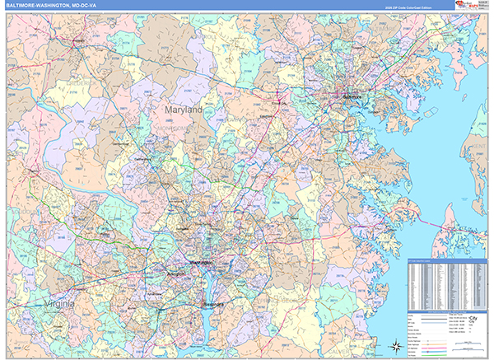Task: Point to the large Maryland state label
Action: click(182, 109)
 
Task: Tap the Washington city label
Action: click(201, 263)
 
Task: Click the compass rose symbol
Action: click(394, 345)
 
